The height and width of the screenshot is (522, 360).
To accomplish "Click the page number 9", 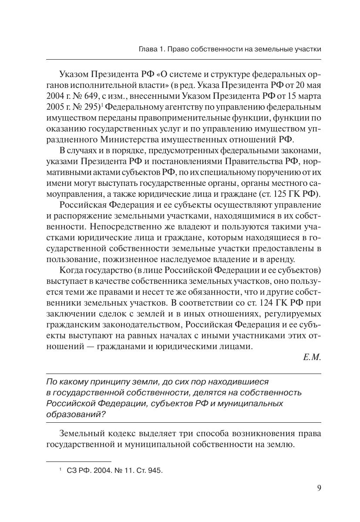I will pos(319,488).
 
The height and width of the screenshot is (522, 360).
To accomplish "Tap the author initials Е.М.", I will pos(312,357).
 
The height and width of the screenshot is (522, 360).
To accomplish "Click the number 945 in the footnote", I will pos(155,470).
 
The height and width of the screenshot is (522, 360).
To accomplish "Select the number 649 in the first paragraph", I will pos(91,95).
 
